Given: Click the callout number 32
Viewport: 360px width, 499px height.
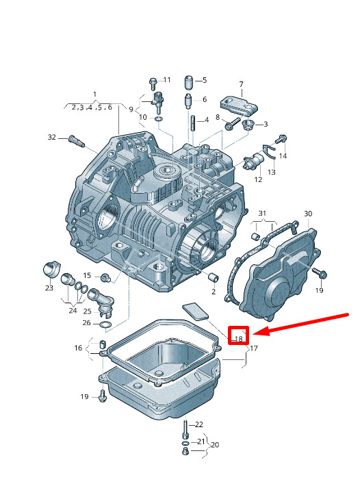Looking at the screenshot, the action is tap(51, 137).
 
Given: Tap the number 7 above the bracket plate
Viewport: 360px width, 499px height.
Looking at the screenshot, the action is tap(242, 84).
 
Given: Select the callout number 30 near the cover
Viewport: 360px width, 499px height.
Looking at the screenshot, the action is tap(308, 214).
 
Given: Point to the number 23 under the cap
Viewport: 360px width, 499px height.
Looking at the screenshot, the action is tap(49, 288).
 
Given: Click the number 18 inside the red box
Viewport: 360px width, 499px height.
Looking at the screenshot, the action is tap(238, 339).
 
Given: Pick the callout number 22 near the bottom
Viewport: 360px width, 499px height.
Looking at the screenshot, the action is tap(198, 424).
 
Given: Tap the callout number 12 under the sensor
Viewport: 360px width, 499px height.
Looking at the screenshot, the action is tap(258, 179).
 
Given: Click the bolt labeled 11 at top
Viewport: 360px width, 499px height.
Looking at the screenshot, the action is tap(153, 84).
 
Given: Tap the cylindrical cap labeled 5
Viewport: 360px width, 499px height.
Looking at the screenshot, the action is tap(189, 82).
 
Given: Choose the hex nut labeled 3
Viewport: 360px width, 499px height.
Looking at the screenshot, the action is tap(248, 125).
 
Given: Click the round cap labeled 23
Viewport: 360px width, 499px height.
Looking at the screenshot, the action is tap(51, 270).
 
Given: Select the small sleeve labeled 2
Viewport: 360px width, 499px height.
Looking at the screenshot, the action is tap(214, 277).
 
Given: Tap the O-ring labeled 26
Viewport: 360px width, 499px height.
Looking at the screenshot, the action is tap(105, 325).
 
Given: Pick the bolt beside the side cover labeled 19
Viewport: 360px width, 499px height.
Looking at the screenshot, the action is tap(320, 274).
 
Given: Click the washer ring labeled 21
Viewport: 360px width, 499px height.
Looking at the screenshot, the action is tap(185, 444).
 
